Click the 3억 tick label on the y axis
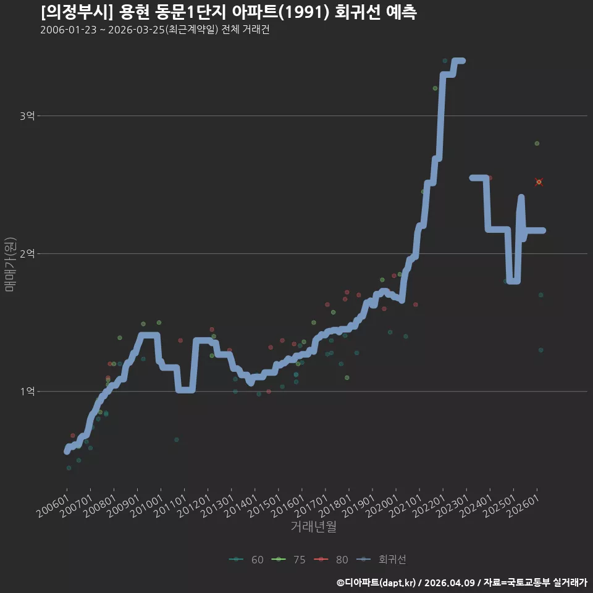27,116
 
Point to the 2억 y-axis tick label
27,253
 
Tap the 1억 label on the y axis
27,391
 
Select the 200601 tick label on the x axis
53,506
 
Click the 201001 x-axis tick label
147,506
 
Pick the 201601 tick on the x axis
288,506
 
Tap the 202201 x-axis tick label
429,506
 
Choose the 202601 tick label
523,506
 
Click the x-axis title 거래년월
314,526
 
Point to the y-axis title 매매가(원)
10,264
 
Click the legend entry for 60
246,560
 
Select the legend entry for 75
288,560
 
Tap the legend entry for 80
331,560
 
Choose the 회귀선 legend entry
381,560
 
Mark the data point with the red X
539,182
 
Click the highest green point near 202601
537,143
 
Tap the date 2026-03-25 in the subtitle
136,30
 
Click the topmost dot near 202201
445,61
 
